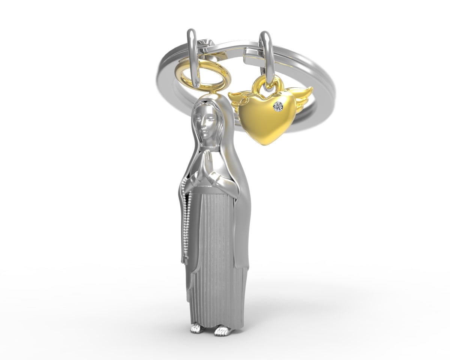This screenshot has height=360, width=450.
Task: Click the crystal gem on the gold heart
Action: coord(278,106)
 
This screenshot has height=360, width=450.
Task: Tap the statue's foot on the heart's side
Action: coord(222,330)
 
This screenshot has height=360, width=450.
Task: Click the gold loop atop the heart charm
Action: coord(267,84)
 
